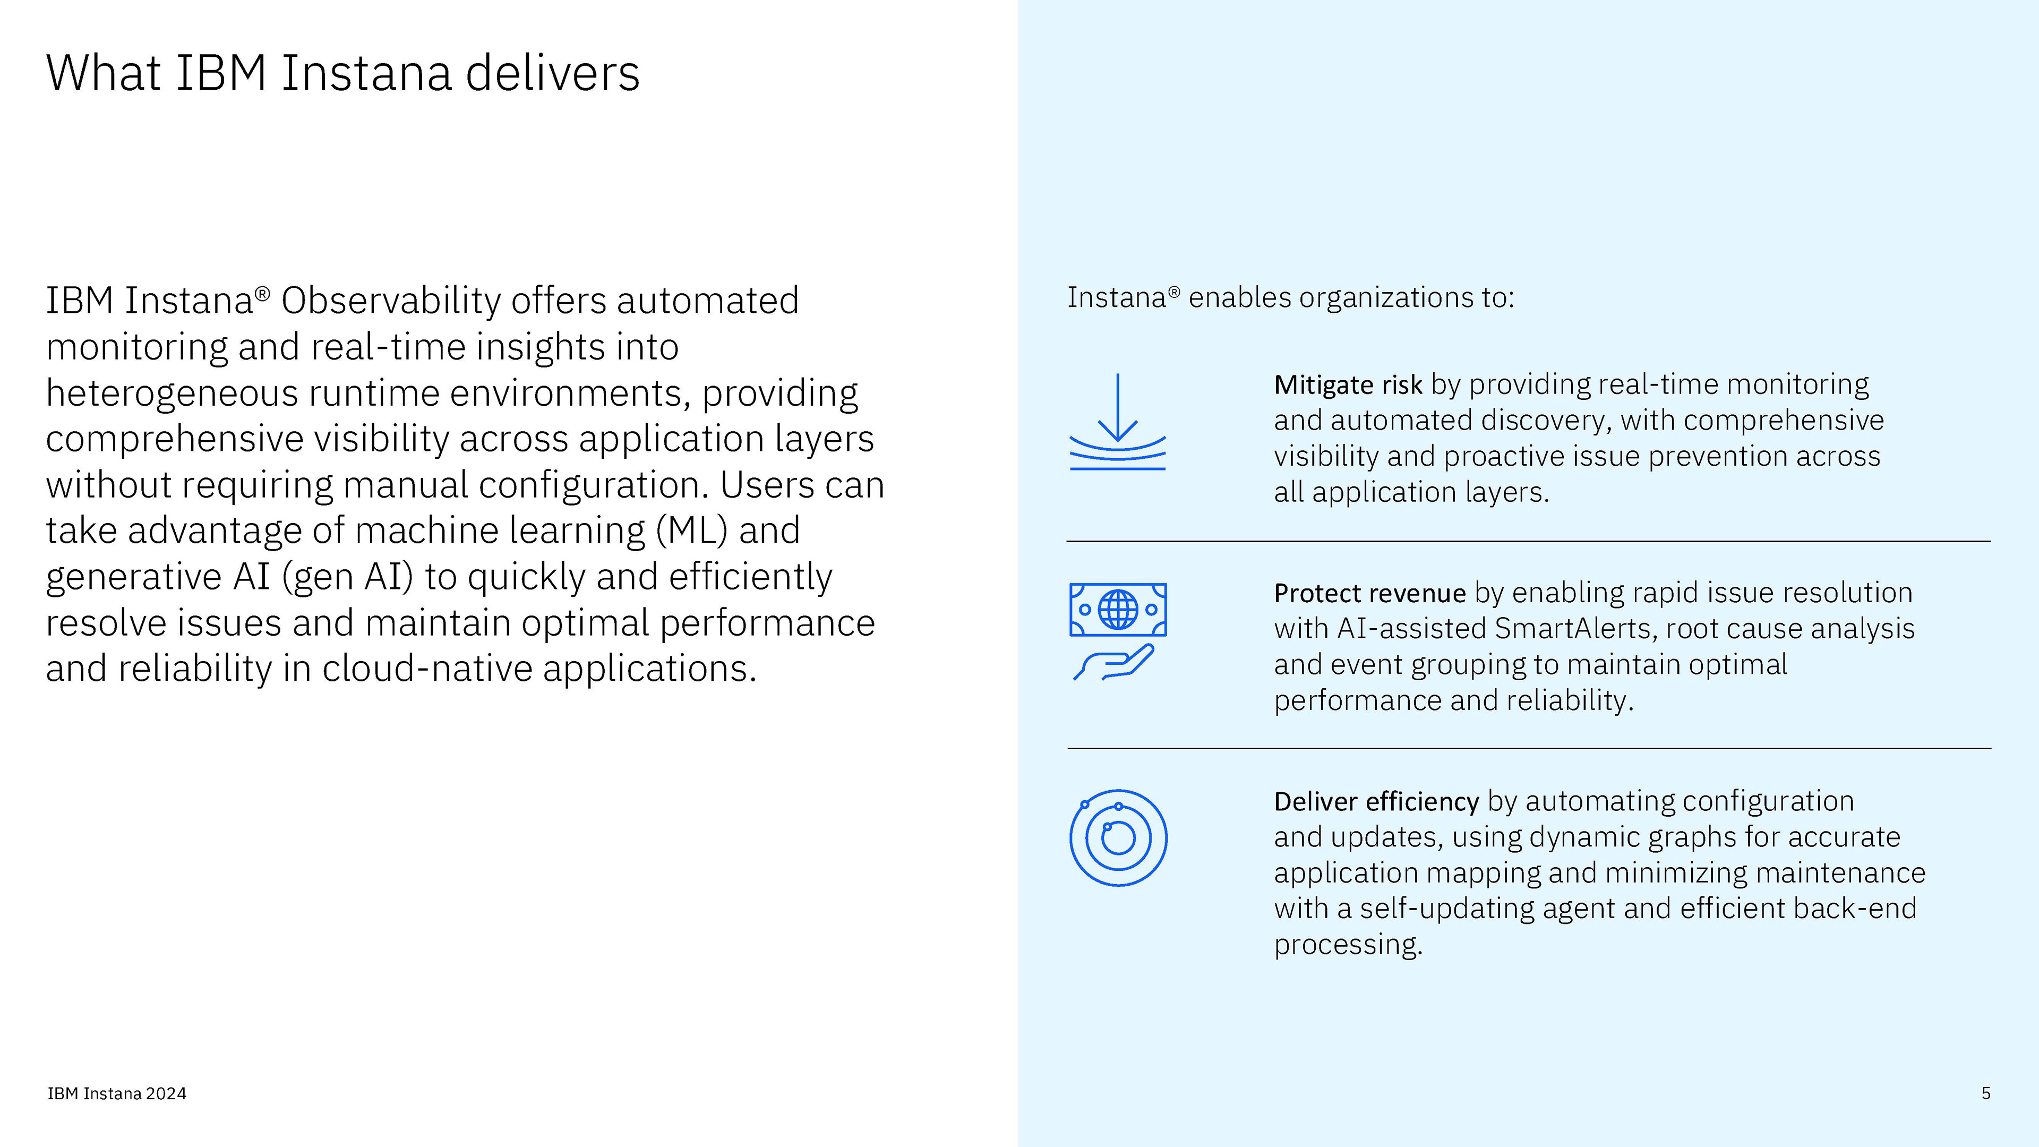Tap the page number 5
[x=1986, y=1093]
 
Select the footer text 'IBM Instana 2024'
[x=117, y=1094]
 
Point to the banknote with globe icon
[x=1118, y=610]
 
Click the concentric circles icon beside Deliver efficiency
[x=1118, y=837]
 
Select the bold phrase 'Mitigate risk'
[x=1347, y=384]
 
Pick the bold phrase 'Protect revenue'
[x=1369, y=593]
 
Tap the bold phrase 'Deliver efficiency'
[x=1376, y=802]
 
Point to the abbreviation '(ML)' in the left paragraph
[x=691, y=530]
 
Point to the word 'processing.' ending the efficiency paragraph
[x=1348, y=944]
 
